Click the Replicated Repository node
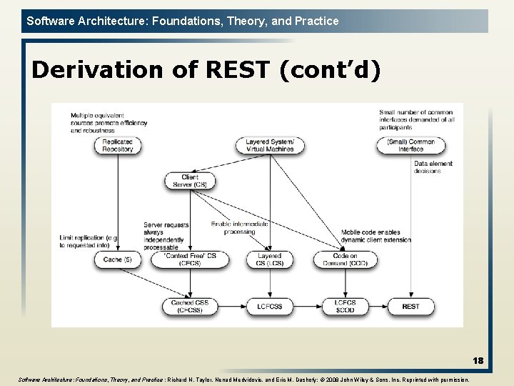pyautogui.click(x=118, y=145)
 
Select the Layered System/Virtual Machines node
pyautogui.click(x=270, y=145)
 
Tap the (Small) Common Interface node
pyautogui.click(x=410, y=145)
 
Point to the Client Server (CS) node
pyautogui.click(x=190, y=181)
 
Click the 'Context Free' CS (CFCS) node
pyautogui.click(x=190, y=259)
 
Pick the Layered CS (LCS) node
pyautogui.click(x=270, y=259)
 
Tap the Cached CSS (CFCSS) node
pyautogui.click(x=190, y=306)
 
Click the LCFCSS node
pyautogui.click(x=270, y=306)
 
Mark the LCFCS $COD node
pyautogui.click(x=345, y=306)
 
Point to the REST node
pyautogui.click(x=410, y=306)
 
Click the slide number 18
pyautogui.click(x=477, y=361)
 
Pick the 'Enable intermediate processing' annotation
pyautogui.click(x=239, y=227)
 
